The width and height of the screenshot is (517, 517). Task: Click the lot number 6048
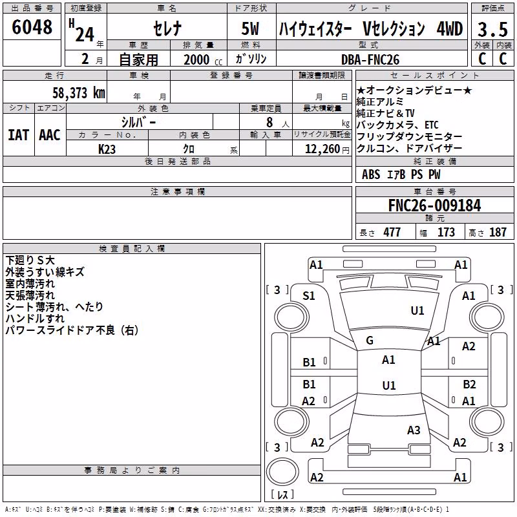click(32, 26)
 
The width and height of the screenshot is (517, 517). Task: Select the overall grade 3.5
click(492, 29)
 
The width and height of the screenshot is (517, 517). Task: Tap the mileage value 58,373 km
click(79, 92)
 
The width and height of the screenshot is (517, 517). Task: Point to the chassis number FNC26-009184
click(434, 205)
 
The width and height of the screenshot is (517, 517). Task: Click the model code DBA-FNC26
click(370, 59)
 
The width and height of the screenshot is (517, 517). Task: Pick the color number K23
click(107, 149)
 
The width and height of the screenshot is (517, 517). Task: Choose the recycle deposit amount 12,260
click(322, 149)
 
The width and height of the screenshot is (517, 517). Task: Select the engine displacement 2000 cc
click(203, 59)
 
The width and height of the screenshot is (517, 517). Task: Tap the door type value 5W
click(250, 28)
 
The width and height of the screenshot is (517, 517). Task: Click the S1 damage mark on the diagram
click(309, 296)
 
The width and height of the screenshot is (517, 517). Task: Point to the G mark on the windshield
click(370, 341)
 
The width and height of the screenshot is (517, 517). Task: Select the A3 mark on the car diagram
click(414, 430)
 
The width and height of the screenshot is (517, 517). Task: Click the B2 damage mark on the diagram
click(469, 385)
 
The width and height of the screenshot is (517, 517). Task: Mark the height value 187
click(498, 232)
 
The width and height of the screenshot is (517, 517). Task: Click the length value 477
click(392, 232)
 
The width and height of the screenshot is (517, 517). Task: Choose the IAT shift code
click(19, 135)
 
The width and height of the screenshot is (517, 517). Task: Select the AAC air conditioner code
click(50, 135)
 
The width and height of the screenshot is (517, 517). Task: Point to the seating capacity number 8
click(269, 122)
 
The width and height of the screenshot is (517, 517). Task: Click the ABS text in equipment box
click(371, 174)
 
